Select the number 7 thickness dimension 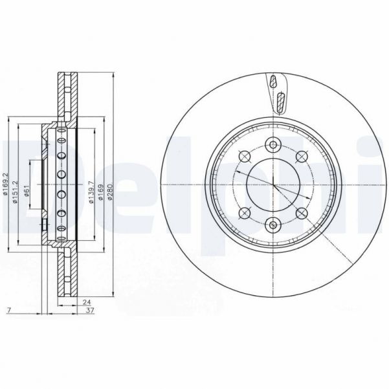click(x=8, y=311)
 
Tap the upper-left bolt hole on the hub click(x=244, y=156)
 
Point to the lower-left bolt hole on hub click(x=244, y=213)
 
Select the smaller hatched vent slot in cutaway click(x=274, y=82)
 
